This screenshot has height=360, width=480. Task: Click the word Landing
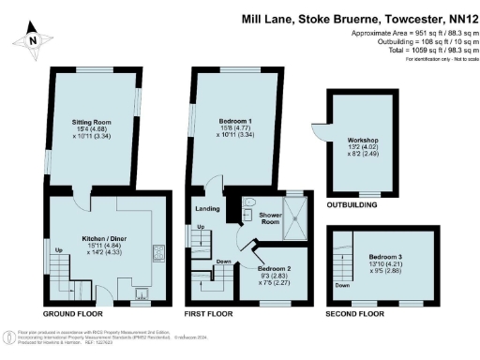tap(206, 208)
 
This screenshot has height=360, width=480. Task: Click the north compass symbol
tap(34, 38)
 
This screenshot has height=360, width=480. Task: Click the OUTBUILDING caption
tap(352, 205)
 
